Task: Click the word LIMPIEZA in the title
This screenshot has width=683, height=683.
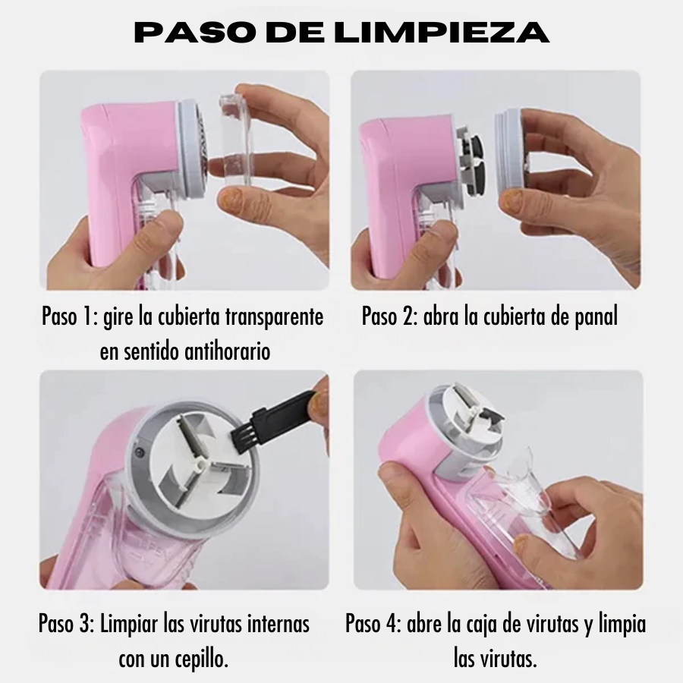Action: click(443, 32)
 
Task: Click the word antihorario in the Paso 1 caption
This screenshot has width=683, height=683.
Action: click(228, 351)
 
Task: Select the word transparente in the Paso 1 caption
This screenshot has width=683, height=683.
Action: click(275, 316)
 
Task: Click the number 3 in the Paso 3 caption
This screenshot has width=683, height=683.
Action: click(85, 624)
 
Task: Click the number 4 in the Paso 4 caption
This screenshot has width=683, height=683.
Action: click(392, 624)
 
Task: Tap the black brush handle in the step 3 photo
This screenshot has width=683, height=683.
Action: click(284, 411)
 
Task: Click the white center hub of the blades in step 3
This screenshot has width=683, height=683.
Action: click(201, 464)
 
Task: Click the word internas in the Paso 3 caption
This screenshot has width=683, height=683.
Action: click(279, 624)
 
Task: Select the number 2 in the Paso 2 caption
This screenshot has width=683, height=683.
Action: click(408, 316)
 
